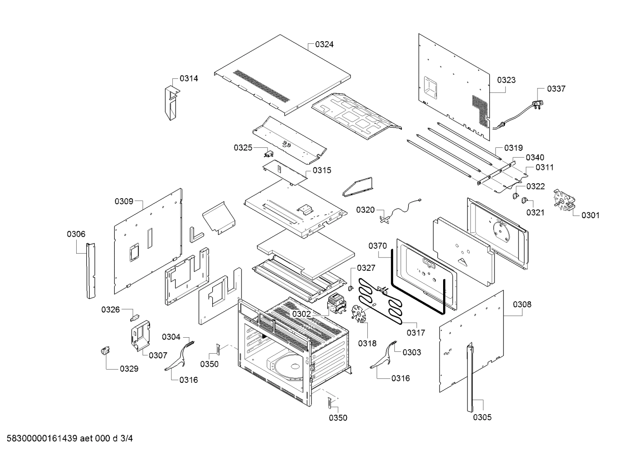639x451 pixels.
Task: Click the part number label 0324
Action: (324, 44)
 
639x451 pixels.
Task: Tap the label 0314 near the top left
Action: (189, 78)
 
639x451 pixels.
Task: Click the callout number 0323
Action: (506, 80)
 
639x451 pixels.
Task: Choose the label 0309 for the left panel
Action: (124, 201)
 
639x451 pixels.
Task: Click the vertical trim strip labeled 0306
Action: (91, 270)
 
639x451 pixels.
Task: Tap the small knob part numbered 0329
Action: (105, 351)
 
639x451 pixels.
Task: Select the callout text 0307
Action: (158, 355)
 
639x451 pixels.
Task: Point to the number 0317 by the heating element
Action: (416, 333)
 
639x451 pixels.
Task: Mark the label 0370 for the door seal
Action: (378, 246)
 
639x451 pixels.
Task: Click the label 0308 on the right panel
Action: (522, 305)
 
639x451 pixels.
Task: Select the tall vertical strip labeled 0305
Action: (470, 376)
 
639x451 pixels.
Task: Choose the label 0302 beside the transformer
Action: (301, 314)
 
